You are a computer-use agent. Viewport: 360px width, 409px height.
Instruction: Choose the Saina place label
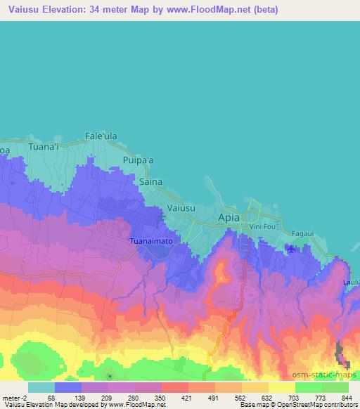point(150,181)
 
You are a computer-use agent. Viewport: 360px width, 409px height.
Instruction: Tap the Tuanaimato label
point(151,240)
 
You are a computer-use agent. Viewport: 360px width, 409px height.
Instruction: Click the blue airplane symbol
point(292,248)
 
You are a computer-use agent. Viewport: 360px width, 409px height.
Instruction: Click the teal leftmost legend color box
point(41,387)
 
